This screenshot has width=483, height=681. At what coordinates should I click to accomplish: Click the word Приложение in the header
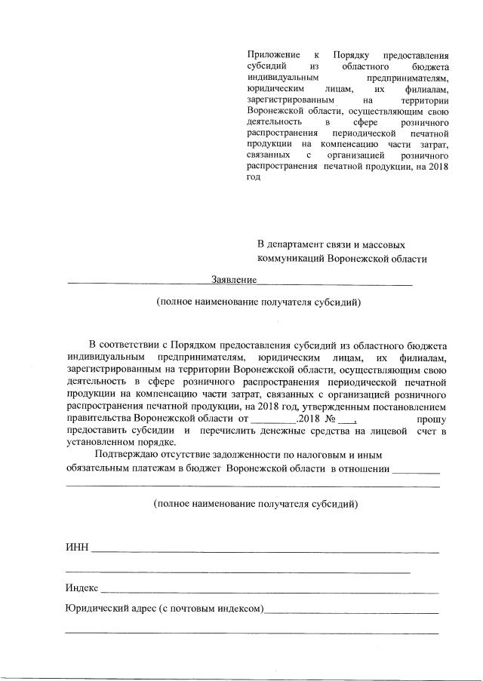tap(272, 55)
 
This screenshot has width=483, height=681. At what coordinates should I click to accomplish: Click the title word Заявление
tap(235, 280)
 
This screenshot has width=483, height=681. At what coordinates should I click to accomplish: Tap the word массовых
tap(386, 245)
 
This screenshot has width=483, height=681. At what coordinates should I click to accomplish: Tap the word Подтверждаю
tap(127, 456)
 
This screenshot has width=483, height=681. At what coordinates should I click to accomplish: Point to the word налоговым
tap(316, 456)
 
